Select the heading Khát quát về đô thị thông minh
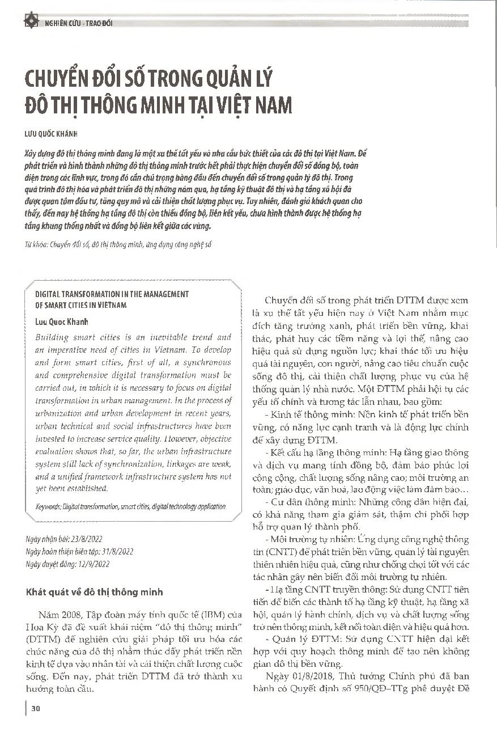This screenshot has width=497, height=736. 95,592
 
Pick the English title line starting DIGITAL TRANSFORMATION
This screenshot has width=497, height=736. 112,294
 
